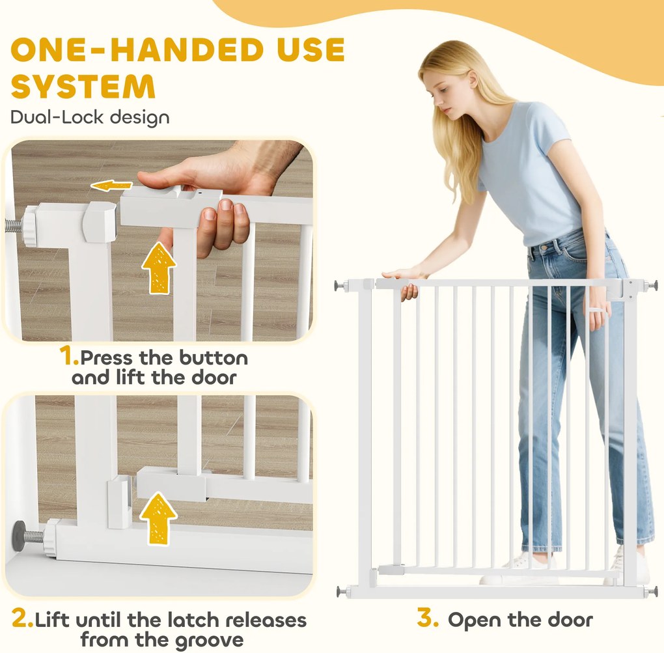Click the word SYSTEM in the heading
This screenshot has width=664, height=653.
coord(83,87)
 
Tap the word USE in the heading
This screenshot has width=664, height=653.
coord(311,49)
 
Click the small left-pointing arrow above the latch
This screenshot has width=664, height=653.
coord(111,185)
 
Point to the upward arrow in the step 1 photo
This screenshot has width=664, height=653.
coord(159,268)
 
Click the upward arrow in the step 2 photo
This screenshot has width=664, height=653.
coord(158,518)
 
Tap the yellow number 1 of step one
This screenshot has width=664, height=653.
coord(69,355)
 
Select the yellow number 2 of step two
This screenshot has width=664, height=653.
coord(22,618)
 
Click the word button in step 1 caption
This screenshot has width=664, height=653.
coord(214,358)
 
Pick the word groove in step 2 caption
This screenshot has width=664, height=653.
coord(209,641)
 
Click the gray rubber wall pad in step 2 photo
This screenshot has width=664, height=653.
coord(20,535)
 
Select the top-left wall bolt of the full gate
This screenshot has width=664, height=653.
coord(340,286)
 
